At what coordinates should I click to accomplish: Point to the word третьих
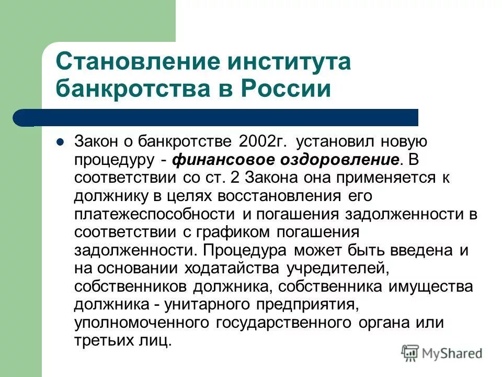pos(102,341)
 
